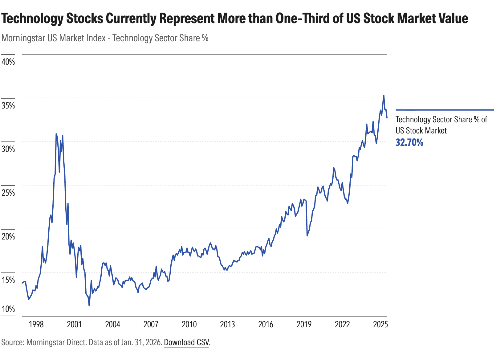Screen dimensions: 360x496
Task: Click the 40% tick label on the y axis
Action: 8,62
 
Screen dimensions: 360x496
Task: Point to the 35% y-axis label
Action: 8,105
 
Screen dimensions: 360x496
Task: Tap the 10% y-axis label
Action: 8,309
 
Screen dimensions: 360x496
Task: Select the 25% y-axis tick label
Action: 8,193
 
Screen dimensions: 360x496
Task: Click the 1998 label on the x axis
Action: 36,324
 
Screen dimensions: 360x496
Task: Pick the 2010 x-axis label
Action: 189,324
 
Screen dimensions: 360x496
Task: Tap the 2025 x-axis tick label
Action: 380,324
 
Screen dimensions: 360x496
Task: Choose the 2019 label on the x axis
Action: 304,324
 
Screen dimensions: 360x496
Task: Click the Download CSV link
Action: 186,342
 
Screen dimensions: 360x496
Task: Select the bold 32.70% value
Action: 409,142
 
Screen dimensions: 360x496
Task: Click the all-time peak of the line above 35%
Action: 384,96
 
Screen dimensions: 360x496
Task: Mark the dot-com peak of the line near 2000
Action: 56,134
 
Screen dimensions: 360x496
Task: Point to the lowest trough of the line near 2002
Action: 89,305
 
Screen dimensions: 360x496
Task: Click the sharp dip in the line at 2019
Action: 307,235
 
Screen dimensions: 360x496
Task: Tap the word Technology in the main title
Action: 32,18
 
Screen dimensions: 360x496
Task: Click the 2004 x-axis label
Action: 112,324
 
